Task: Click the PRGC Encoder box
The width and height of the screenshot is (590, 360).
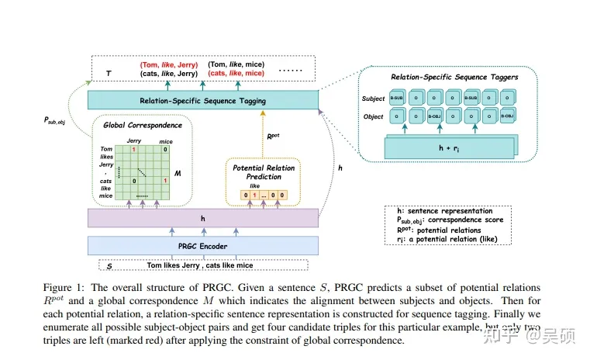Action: pos(203,246)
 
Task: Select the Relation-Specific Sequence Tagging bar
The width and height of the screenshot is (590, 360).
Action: pos(203,101)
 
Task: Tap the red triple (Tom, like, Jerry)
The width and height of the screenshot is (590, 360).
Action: pos(169,65)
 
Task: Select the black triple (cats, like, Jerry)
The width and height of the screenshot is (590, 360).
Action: pos(169,74)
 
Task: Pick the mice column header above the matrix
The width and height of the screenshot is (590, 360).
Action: pos(166,141)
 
